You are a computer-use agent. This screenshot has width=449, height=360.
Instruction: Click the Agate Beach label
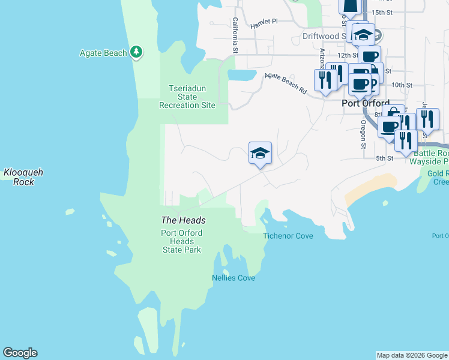tap(103, 53)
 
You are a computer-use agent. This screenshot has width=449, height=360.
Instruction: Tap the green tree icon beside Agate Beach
tap(137, 52)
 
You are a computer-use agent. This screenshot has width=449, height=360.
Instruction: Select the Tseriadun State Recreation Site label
tap(187, 97)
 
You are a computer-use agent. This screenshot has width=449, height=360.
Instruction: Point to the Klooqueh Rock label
tap(23, 177)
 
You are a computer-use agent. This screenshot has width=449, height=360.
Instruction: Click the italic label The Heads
tap(183, 220)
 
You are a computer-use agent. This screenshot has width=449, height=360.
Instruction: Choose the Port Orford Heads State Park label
tap(182, 241)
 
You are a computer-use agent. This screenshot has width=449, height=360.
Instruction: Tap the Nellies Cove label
tap(234, 278)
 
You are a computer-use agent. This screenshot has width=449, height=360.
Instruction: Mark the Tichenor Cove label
tap(288, 236)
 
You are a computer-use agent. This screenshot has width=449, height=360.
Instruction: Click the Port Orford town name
tap(365, 103)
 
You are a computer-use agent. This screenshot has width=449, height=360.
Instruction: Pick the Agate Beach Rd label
tap(286, 83)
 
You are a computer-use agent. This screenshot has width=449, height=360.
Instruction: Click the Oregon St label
tap(363, 134)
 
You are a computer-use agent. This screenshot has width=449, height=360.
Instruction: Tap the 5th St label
tap(384, 158)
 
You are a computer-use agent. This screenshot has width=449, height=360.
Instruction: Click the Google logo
tap(20, 353)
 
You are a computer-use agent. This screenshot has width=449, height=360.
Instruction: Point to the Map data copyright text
tap(412, 355)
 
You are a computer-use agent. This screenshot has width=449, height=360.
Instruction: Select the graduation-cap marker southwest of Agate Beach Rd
tap(260, 154)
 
